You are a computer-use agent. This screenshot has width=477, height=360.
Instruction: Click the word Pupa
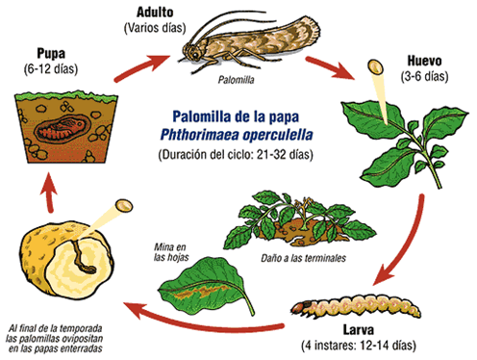point(52,51)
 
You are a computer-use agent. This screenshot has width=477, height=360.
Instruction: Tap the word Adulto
point(154,13)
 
